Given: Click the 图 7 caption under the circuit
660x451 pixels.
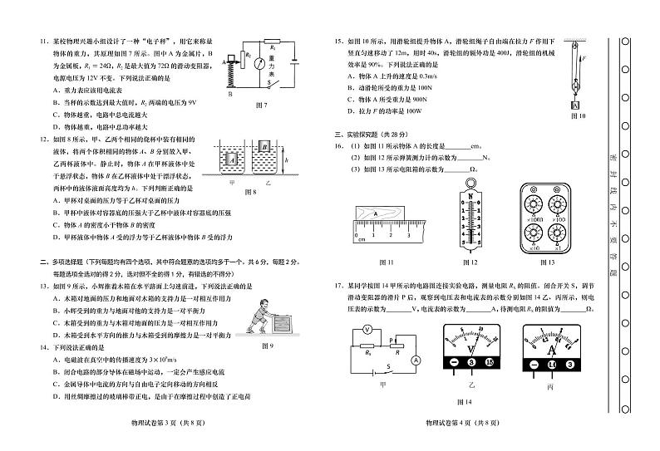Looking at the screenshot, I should coord(259,105).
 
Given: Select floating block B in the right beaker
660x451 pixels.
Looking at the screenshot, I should coord(264,148).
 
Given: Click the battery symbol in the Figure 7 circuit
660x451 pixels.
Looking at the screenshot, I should coord(295,61).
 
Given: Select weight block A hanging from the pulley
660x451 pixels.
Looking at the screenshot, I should coord(574,105).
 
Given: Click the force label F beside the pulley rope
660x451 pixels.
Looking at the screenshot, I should coord(585,60).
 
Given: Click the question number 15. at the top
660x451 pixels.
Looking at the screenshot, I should coord(338,40).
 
